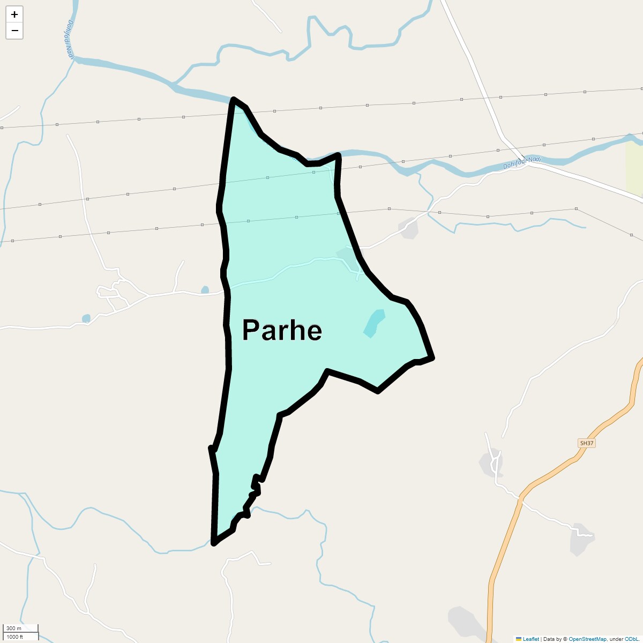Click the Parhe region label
pyautogui.click(x=282, y=330)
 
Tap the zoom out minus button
pyautogui.click(x=14, y=31)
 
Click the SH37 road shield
pyautogui.click(x=587, y=443)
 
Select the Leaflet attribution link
pyautogui.click(x=530, y=639)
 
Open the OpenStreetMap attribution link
pyautogui.click(x=587, y=639)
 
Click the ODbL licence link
pyautogui.click(x=631, y=639)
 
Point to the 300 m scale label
pyautogui.click(x=14, y=628)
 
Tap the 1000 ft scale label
pyautogui.click(x=15, y=637)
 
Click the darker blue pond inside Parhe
pyautogui.click(x=374, y=323)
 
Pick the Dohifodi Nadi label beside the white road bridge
pyautogui.click(x=522, y=163)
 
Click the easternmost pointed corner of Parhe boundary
pyautogui.click(x=432, y=357)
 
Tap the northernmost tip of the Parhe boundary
pyautogui.click(x=234, y=100)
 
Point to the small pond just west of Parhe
pyautogui.click(x=205, y=290)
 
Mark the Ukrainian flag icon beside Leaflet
pyautogui.click(x=518, y=639)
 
